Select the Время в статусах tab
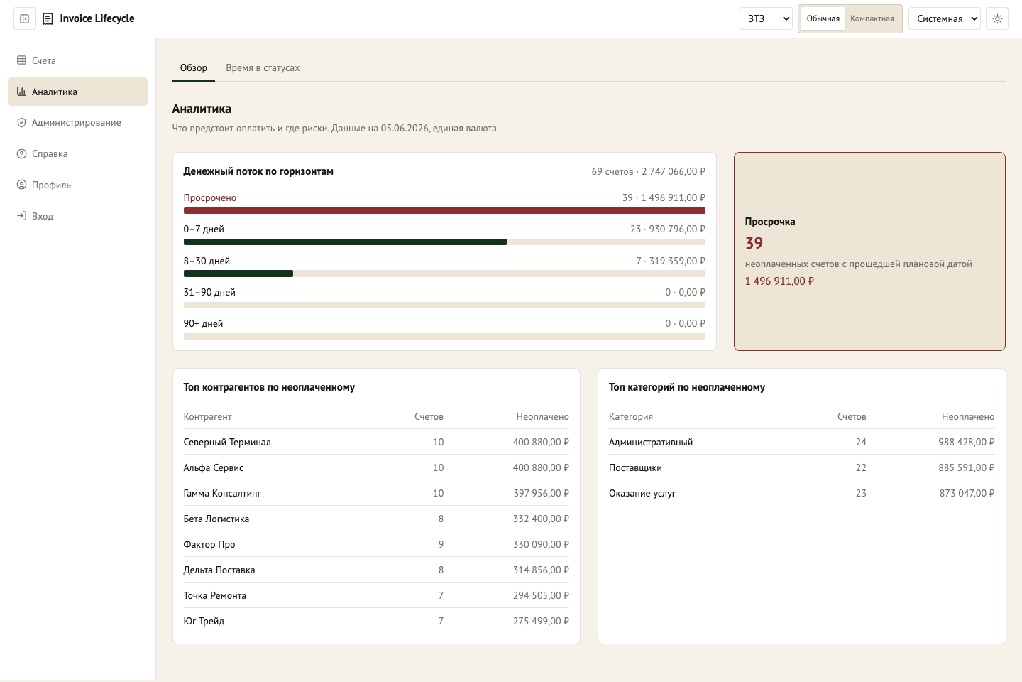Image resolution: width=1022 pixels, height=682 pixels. coord(263,67)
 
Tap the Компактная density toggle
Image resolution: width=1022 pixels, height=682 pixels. coord(872,18)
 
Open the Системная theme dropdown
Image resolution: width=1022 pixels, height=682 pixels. coord(945,18)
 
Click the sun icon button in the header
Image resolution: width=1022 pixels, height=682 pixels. coord(997,18)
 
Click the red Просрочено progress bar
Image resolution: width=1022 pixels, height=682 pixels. coord(444,210)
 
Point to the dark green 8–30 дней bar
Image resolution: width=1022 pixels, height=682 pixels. coord(238,274)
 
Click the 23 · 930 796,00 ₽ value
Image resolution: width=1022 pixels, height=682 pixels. coord(667,229)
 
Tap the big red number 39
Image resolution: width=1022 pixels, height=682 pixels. coord(754,243)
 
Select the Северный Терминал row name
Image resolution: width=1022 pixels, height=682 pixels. coord(227,442)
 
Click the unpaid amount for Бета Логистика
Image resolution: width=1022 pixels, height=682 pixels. coord(541,519)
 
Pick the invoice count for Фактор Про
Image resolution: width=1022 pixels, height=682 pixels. coord(441,544)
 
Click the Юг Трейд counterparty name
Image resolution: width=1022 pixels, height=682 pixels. coord(204,621)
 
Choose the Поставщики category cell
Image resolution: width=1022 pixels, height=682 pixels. coord(635,467)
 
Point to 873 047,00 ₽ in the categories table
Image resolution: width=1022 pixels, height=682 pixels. coord(967,493)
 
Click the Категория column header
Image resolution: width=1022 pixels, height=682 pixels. coord(630,416)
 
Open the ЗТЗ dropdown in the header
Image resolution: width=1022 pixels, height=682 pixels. coord(766,18)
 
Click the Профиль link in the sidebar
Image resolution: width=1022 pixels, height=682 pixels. coord(51,185)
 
